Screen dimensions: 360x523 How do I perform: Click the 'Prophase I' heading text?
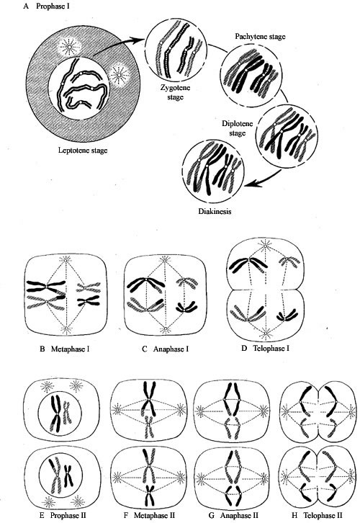[53, 6]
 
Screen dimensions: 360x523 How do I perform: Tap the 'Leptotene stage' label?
[83, 151]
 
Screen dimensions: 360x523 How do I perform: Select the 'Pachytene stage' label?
[261, 36]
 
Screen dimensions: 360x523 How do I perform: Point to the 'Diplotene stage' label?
[238, 128]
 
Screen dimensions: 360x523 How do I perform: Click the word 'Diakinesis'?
[215, 211]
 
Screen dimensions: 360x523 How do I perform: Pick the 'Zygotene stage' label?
[176, 93]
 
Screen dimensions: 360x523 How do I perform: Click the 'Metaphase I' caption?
[71, 349]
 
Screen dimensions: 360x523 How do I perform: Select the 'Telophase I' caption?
[271, 349]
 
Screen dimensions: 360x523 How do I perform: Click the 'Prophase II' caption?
[68, 515]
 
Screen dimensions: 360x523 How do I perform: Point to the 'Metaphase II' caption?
[154, 515]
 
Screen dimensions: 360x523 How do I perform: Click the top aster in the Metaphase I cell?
[66, 259]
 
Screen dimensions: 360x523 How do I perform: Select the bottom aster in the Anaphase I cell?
[165, 329]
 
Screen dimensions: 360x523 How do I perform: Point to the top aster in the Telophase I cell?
[266, 246]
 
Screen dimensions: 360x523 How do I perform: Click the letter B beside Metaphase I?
[42, 349]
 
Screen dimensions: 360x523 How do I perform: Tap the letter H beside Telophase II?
[294, 515]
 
